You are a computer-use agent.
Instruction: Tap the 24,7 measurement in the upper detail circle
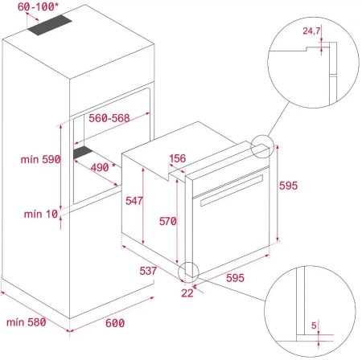(312, 31)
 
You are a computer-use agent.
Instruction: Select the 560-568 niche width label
(109, 118)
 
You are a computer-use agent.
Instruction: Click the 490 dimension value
(98, 167)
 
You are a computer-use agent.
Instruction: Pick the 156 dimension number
(179, 158)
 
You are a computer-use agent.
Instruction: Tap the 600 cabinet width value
(116, 322)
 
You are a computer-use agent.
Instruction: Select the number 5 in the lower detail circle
(314, 325)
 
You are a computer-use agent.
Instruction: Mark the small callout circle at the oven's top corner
(261, 148)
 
